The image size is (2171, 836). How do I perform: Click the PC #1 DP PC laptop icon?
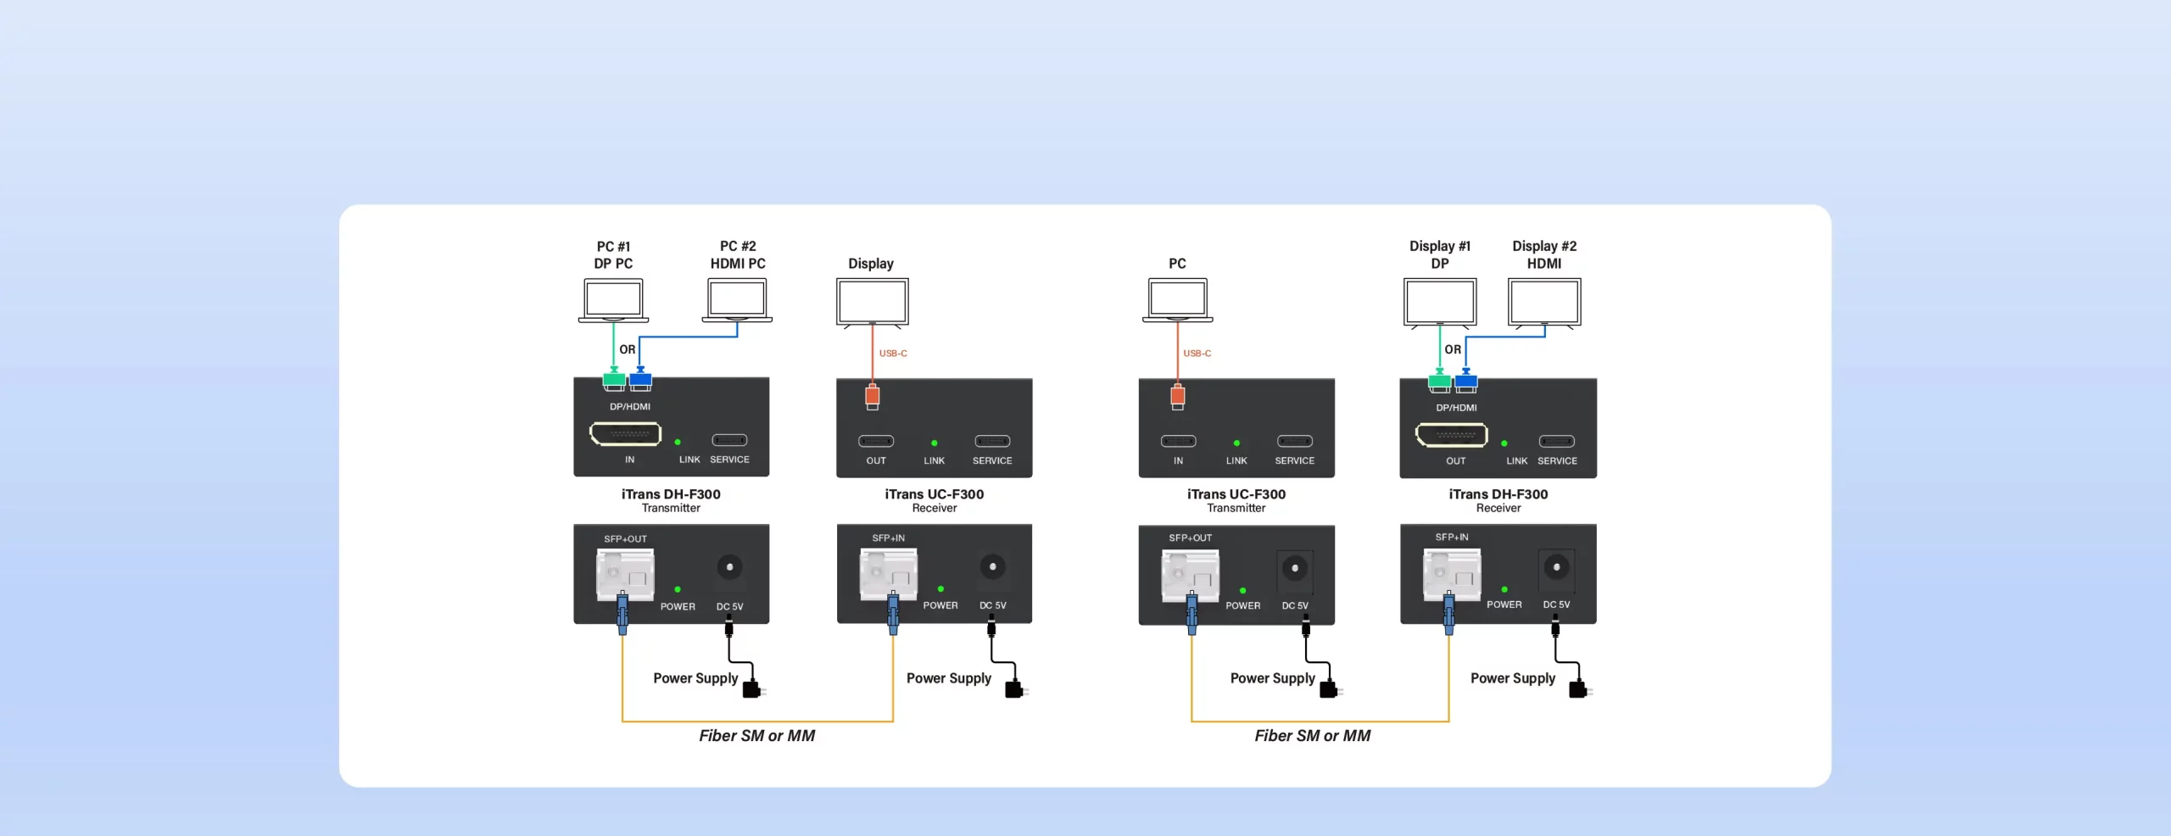pos(613,300)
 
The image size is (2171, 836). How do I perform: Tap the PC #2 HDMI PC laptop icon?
pos(737,300)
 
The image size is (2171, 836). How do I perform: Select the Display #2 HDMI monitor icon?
pos(1544,302)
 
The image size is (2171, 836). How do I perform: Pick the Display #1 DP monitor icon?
pos(1440,302)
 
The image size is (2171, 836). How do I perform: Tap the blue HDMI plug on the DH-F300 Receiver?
pos(1466,382)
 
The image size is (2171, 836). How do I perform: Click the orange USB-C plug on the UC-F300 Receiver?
pos(873,396)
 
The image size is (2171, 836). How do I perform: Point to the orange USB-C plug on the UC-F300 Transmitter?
pos(1177,396)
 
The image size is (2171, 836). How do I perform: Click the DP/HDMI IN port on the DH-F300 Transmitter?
pos(625,434)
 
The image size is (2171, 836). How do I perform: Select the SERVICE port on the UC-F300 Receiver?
pos(992,441)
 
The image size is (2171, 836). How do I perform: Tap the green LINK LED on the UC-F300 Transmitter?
pos(1236,443)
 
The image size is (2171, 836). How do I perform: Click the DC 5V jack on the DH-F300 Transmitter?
pos(729,567)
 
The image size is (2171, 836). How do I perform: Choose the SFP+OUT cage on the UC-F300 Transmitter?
pos(1190,575)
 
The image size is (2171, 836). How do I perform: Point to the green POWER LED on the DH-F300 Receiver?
pos(1504,589)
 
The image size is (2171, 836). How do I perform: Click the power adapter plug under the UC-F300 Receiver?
pos(1014,688)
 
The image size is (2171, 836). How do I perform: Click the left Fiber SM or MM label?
pos(756,736)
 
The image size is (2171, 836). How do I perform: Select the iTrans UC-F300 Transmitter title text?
pos(1236,494)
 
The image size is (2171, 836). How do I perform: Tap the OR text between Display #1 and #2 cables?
pos(1453,349)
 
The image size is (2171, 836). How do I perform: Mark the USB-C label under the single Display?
pos(893,354)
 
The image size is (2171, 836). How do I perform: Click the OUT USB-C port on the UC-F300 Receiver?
pos(876,441)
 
